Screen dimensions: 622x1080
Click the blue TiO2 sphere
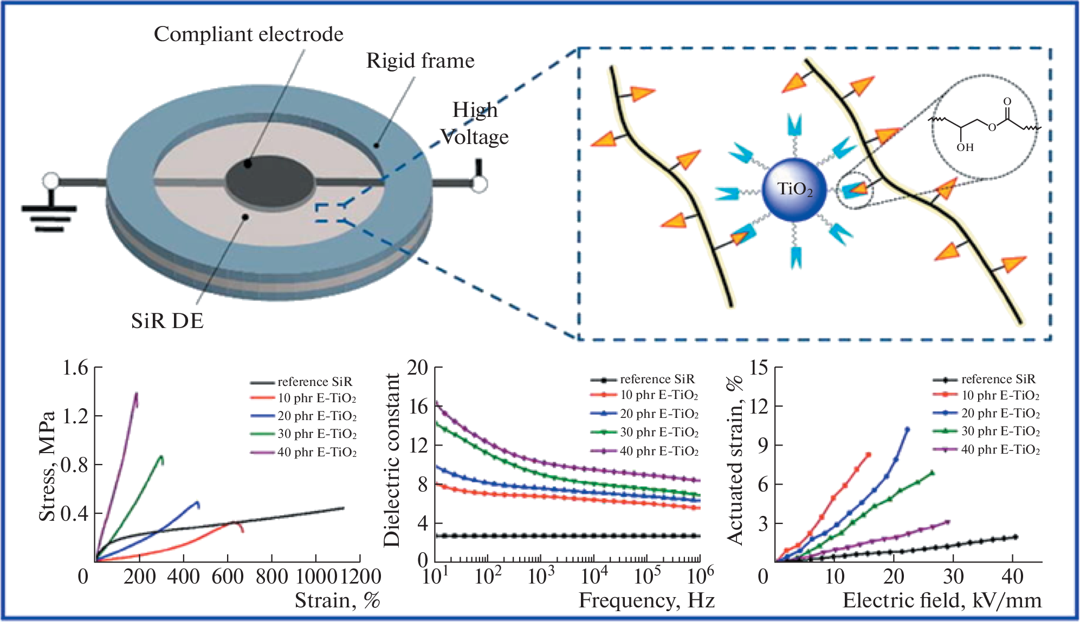(794, 189)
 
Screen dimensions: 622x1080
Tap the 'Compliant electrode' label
(248, 34)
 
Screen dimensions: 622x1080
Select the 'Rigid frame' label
(420, 61)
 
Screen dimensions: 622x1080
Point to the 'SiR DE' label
(167, 321)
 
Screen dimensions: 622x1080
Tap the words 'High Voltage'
(475, 123)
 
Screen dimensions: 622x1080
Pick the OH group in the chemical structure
(965, 147)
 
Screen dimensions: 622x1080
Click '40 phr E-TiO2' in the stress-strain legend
(316, 452)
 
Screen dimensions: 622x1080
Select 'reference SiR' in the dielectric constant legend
(657, 379)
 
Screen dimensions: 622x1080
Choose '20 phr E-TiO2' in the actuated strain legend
(1000, 414)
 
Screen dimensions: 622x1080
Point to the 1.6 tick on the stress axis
(75, 368)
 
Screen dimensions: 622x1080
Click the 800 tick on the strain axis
(271, 577)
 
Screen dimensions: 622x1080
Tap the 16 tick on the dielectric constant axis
(418, 407)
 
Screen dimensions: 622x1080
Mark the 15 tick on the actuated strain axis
(759, 368)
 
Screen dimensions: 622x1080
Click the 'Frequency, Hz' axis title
(646, 601)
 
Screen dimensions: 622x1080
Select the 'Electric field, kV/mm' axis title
(942, 601)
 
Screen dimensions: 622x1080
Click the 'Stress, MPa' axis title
(47, 466)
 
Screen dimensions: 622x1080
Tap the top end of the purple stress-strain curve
(136, 394)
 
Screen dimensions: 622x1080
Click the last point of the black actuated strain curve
(1016, 537)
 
